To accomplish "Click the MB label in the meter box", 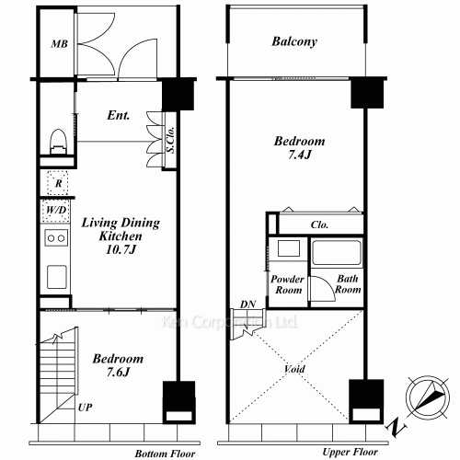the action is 59,44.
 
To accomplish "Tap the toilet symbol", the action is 58,142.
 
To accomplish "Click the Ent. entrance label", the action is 119,115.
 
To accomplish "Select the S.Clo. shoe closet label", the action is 170,140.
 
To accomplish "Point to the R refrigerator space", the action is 58,183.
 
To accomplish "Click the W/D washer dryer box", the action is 56,211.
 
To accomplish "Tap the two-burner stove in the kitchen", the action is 56,237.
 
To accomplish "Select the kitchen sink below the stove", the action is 57,277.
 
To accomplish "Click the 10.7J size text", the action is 121,249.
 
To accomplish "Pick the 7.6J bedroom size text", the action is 118,372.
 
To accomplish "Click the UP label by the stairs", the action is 85,408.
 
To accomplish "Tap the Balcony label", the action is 294,41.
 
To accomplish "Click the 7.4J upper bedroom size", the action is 300,155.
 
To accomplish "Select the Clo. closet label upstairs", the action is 319,224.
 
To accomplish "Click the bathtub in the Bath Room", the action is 337,252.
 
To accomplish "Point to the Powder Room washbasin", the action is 289,248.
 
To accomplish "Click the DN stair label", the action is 247,305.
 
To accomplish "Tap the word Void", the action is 294,369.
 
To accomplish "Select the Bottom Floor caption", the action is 165,454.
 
